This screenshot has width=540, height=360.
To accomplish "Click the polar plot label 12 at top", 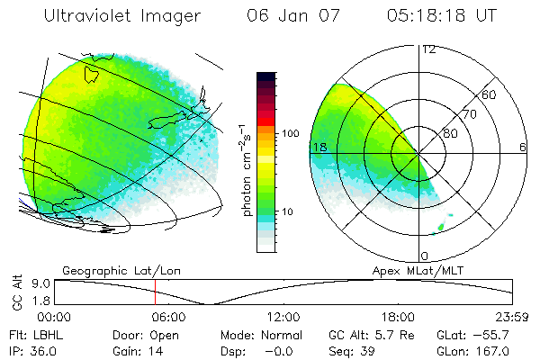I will coord(428,49).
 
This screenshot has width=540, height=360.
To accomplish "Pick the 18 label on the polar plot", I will coord(318,147).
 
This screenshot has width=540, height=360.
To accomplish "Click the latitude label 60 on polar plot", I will coord(489,94).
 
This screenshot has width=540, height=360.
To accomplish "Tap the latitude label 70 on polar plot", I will coord(469,114).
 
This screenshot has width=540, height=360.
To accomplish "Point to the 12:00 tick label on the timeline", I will coord(283,317).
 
